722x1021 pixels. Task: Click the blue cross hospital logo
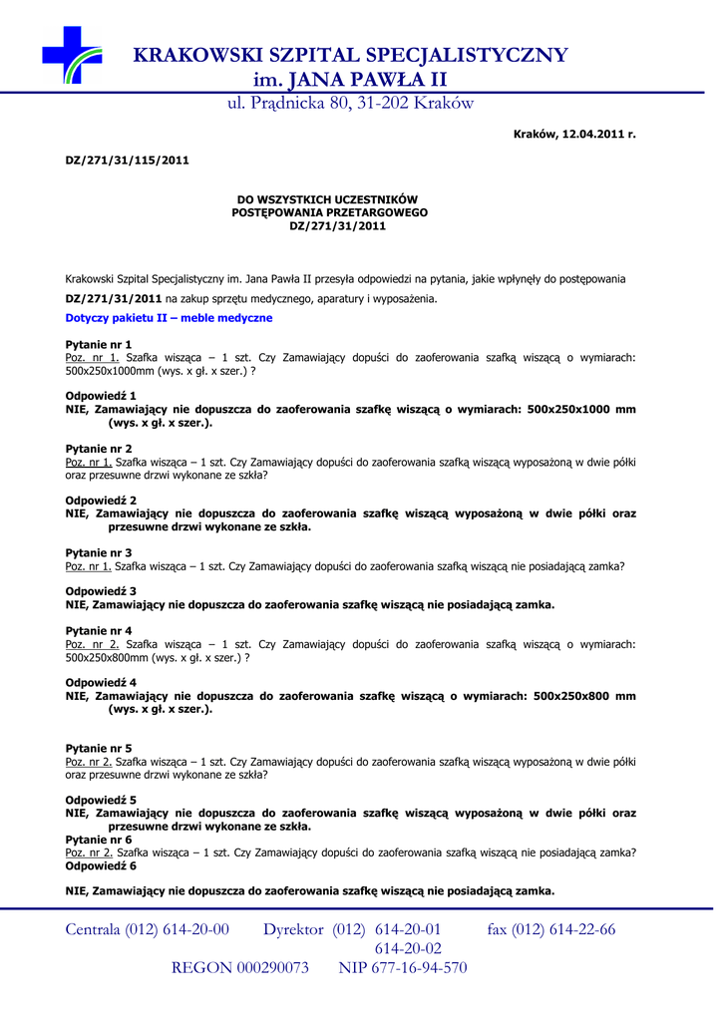tap(72, 54)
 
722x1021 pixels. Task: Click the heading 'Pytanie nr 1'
tap(98, 344)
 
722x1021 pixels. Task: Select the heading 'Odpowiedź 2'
tap(101, 501)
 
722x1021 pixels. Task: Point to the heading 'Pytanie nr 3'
tap(98, 552)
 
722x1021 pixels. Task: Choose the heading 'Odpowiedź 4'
tap(101, 683)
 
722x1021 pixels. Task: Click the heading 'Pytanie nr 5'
tap(98, 748)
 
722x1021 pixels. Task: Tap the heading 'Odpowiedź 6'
tap(101, 865)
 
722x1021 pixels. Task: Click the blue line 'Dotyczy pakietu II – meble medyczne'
tap(169, 318)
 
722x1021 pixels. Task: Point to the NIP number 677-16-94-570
tap(420, 967)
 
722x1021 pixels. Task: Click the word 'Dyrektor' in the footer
tap(294, 929)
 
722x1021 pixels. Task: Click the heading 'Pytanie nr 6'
tap(98, 840)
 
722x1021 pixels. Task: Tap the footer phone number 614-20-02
tap(408, 948)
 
